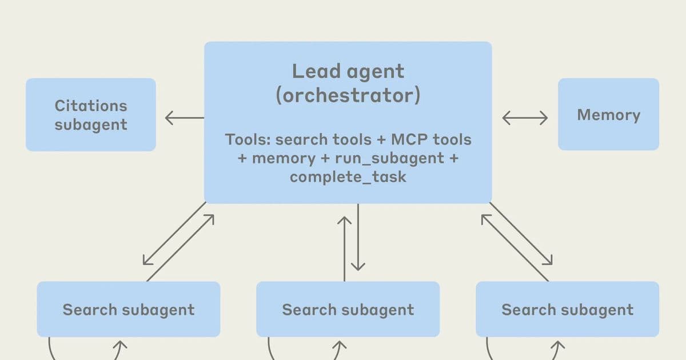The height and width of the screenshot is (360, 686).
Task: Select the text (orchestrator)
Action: [x=348, y=95]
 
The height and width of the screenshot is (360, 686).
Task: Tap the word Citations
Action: [x=91, y=106]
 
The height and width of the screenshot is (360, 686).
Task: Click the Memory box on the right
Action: [x=608, y=115]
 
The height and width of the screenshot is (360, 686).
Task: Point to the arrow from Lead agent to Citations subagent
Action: [x=184, y=118]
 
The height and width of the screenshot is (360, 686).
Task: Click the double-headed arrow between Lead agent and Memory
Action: [x=525, y=118]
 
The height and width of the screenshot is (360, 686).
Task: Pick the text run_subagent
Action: [x=389, y=158]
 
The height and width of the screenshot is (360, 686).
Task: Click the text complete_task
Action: [x=348, y=177]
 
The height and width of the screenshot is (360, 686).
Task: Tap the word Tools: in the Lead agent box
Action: [x=248, y=139]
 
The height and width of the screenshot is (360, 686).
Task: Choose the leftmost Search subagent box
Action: [x=128, y=309]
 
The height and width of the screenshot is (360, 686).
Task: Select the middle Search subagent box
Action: [x=348, y=309]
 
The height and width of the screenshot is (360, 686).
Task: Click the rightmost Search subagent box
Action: [x=567, y=309]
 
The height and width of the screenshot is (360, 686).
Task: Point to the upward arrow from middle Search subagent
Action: [x=344, y=249]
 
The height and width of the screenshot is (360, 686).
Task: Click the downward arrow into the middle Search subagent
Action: [x=358, y=237]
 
